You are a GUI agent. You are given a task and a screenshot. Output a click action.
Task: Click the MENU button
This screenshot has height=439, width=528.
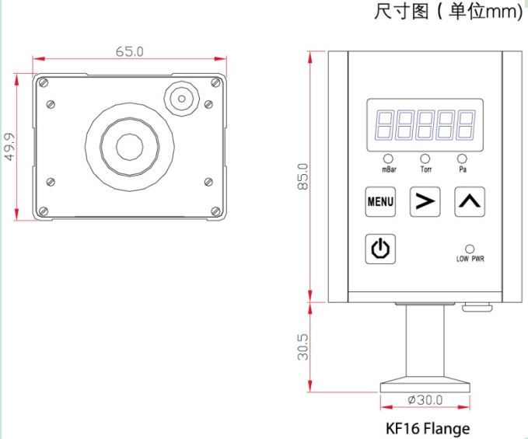[x=380, y=202]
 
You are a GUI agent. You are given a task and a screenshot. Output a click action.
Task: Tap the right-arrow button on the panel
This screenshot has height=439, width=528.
[x=424, y=202]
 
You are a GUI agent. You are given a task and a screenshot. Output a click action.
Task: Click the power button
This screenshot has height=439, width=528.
[x=380, y=249]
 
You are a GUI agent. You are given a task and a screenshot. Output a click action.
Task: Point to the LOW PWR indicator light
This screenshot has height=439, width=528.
[x=470, y=249]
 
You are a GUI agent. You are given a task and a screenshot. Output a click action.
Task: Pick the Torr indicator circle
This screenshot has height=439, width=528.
[x=425, y=159]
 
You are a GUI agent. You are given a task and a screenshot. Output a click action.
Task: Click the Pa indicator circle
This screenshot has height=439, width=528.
[x=463, y=159]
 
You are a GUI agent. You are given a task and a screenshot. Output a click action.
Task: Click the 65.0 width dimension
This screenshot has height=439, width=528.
[x=130, y=52]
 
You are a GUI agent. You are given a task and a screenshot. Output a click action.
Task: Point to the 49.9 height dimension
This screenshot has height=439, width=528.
[x=9, y=147]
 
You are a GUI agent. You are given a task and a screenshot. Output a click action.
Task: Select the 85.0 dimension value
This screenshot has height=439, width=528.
[x=303, y=176]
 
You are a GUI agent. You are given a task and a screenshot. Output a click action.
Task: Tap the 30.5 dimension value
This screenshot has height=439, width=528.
[x=303, y=347]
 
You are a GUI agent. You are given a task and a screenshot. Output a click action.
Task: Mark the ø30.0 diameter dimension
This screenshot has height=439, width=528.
[x=425, y=400]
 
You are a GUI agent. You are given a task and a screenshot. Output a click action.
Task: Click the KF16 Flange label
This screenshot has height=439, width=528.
[x=428, y=428]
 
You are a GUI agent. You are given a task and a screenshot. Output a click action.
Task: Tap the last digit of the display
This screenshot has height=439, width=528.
[x=466, y=124]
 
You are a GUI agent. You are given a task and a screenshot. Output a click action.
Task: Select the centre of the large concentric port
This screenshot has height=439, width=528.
[x=129, y=145]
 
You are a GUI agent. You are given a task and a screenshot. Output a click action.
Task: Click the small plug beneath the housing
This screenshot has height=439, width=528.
[x=477, y=308]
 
